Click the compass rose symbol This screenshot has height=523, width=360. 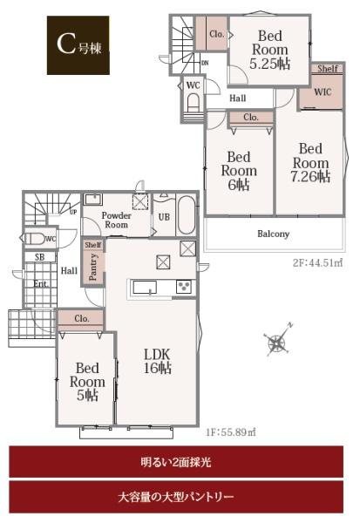[x=277, y=341]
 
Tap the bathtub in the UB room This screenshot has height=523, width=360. [x=187, y=215]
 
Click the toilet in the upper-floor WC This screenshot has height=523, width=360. [x=193, y=103]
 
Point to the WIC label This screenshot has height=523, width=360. [x=323, y=92]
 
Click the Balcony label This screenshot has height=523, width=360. [x=273, y=234]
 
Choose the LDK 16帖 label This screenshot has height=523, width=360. [x=157, y=361]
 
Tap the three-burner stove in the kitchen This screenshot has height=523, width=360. [x=184, y=287]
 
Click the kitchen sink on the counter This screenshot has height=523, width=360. [x=145, y=287]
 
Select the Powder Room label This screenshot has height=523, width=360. [x=116, y=221]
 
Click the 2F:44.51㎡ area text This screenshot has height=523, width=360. [x=318, y=263]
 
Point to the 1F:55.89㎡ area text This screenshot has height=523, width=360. [x=231, y=432]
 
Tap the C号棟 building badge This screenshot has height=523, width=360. [x=78, y=45]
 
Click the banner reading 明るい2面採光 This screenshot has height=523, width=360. [x=176, y=462]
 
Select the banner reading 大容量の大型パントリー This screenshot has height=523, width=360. [x=176, y=497]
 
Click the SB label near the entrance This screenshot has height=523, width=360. [x=40, y=257]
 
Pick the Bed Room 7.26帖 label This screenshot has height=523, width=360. [x=310, y=163]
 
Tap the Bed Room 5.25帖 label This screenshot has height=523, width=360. [x=270, y=50]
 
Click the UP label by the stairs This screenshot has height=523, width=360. [x=73, y=212]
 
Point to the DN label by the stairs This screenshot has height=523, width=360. [x=205, y=63]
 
